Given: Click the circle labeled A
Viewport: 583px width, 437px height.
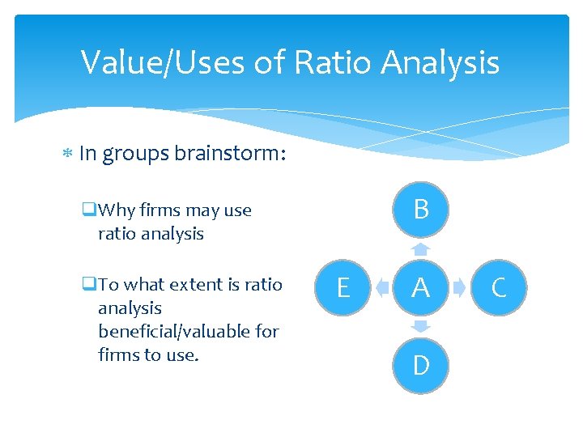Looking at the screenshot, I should click(420, 287).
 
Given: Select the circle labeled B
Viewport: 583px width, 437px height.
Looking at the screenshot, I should click(420, 210).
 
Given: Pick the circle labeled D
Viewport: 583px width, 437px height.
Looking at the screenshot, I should click(420, 365).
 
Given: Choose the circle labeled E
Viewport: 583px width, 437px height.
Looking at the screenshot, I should click(343, 287).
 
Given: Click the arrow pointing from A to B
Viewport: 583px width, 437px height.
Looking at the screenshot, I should click(420, 248).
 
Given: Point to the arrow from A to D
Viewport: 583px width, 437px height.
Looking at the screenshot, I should click(420, 326).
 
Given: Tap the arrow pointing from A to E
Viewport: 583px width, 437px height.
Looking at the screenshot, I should click(381, 287).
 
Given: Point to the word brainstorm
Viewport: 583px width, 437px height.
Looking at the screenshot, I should click(230, 154).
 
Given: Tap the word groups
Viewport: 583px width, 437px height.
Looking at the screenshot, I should click(135, 154).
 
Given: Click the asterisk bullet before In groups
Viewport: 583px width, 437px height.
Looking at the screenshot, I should click(69, 154).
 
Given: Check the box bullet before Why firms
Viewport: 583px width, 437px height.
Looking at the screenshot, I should click(88, 210).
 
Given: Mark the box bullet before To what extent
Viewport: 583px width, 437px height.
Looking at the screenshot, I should click(88, 285).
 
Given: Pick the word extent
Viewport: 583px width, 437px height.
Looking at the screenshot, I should click(194, 285).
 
